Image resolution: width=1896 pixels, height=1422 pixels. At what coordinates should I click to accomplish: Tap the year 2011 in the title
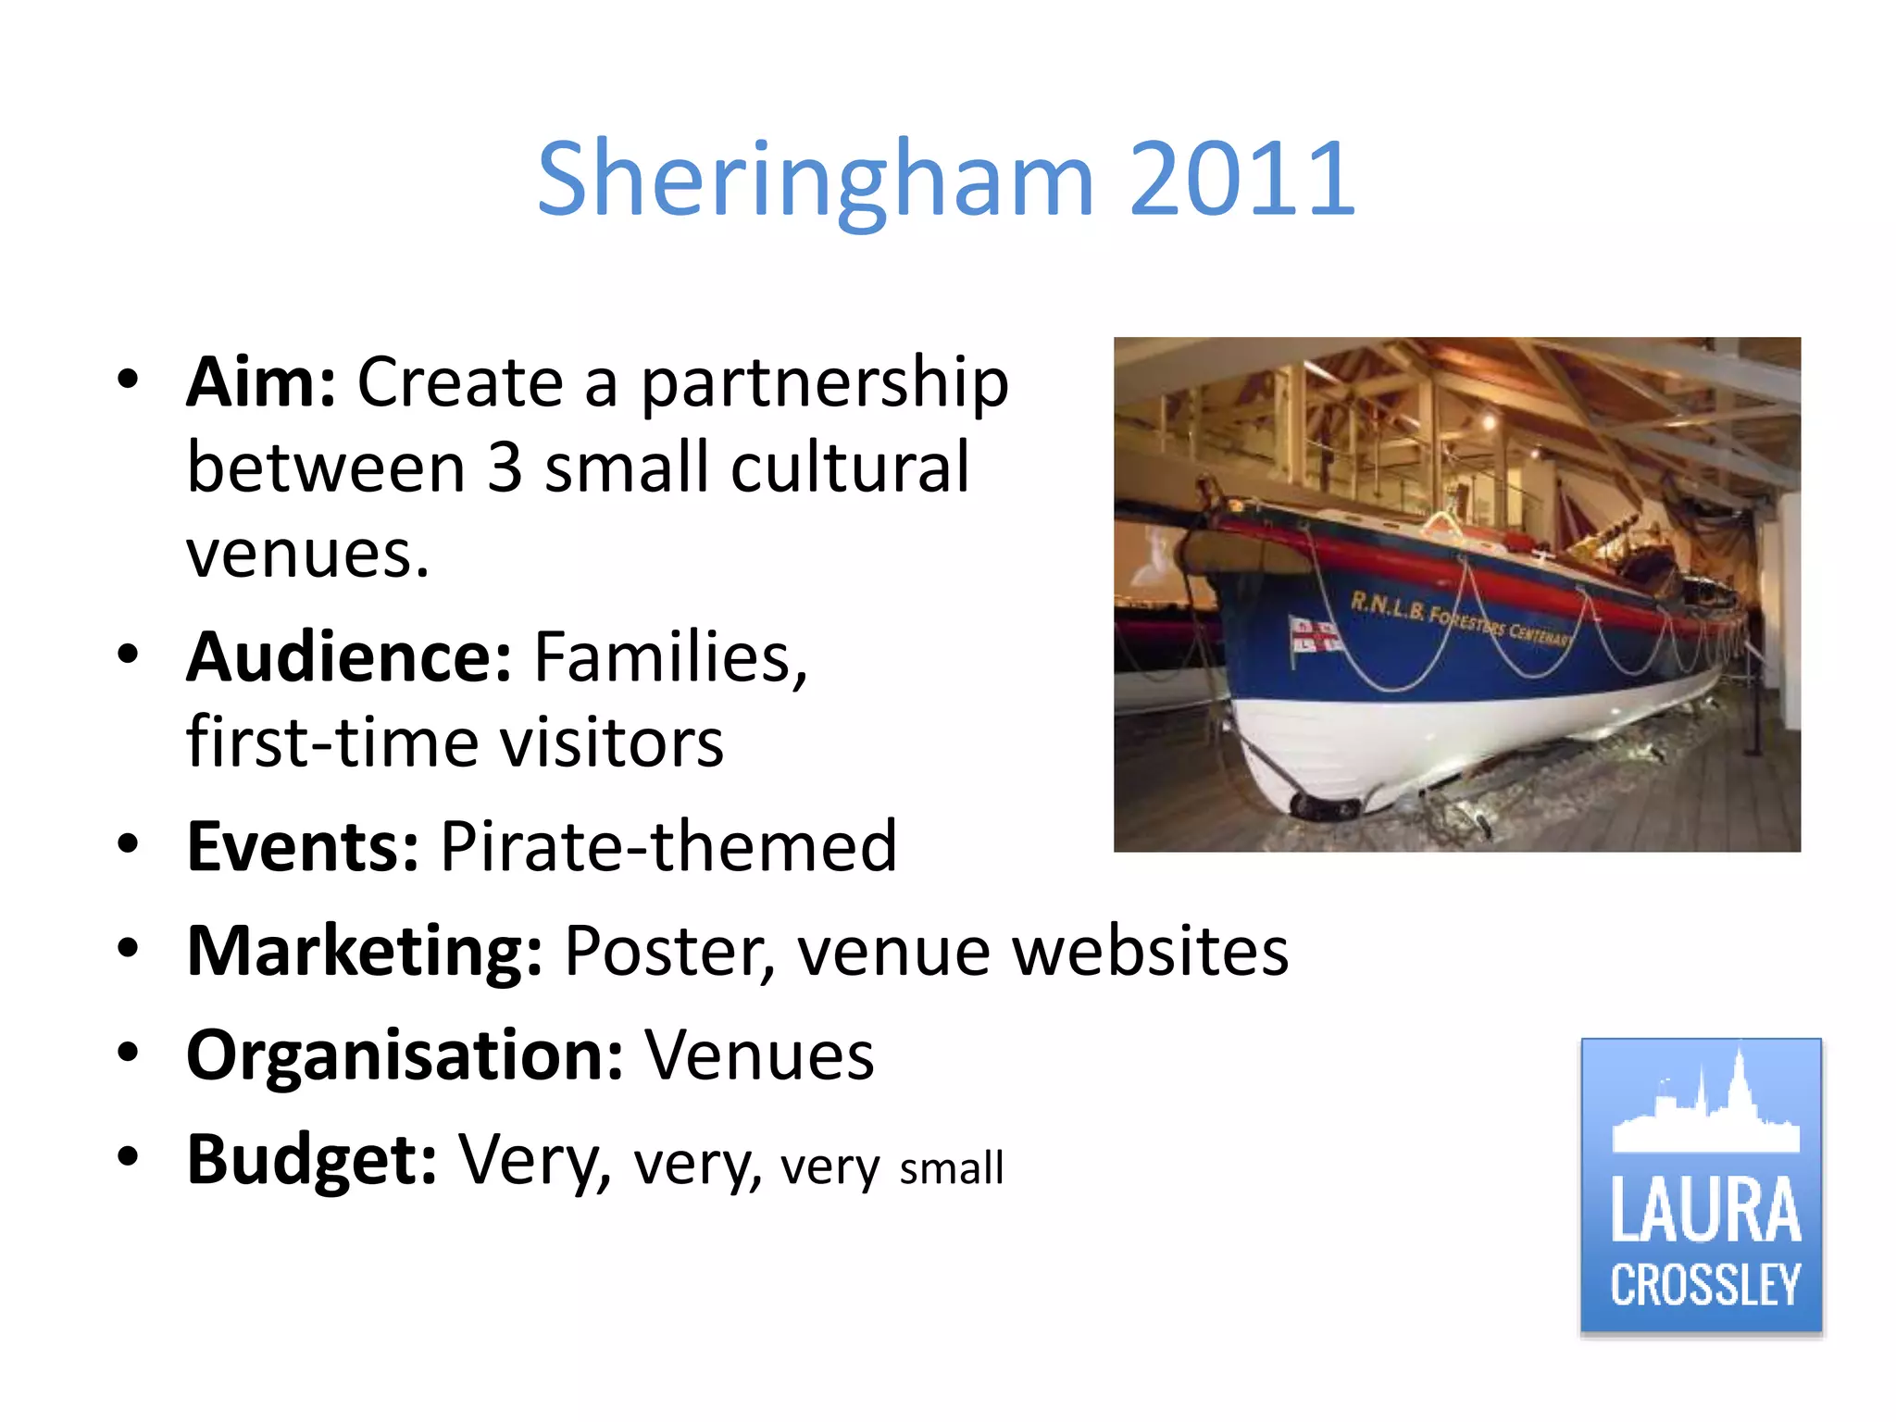pos(1241,178)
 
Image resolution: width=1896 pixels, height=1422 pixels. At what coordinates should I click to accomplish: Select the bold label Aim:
pos(261,382)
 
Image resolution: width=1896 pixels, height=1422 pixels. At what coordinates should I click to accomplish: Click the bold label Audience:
pos(348,657)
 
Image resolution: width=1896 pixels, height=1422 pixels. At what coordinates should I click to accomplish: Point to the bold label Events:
pos(303,846)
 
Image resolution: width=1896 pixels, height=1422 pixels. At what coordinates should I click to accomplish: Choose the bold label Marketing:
pos(364,951)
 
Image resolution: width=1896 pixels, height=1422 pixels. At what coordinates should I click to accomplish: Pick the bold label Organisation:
pos(405,1055)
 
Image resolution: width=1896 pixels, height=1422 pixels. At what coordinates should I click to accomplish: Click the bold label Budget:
pos(311,1160)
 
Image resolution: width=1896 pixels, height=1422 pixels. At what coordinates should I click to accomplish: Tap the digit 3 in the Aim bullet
pos(505,468)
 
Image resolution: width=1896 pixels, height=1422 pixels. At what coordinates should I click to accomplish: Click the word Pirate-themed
pos(668,846)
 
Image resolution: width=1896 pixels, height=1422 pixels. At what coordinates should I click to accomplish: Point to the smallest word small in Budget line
pos(951,1168)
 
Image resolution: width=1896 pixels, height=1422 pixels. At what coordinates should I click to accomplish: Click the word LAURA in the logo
pos(1704,1210)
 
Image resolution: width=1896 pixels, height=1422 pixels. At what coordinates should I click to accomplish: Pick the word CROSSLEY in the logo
pos(1704,1285)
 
